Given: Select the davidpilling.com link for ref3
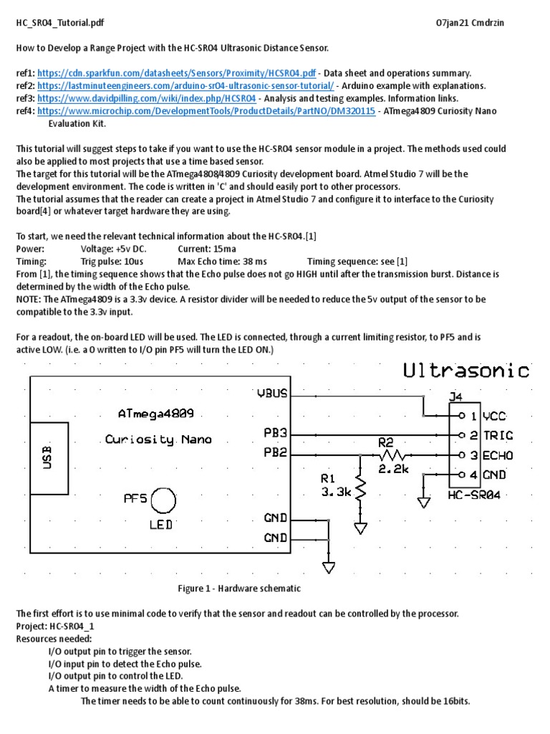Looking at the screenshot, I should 146,98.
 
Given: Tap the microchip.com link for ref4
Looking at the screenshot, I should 206,111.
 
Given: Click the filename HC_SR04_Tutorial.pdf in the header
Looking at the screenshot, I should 60,23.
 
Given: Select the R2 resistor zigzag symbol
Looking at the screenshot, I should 392,454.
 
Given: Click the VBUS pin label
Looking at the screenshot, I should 272,394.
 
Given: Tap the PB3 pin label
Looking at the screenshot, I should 276,434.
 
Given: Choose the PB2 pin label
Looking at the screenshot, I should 276,453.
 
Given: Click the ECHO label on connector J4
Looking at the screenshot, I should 498,454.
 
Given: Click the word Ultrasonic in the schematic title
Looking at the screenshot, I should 466,371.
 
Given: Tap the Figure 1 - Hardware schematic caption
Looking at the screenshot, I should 239,588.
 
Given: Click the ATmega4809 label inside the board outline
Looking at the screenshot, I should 156,414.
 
